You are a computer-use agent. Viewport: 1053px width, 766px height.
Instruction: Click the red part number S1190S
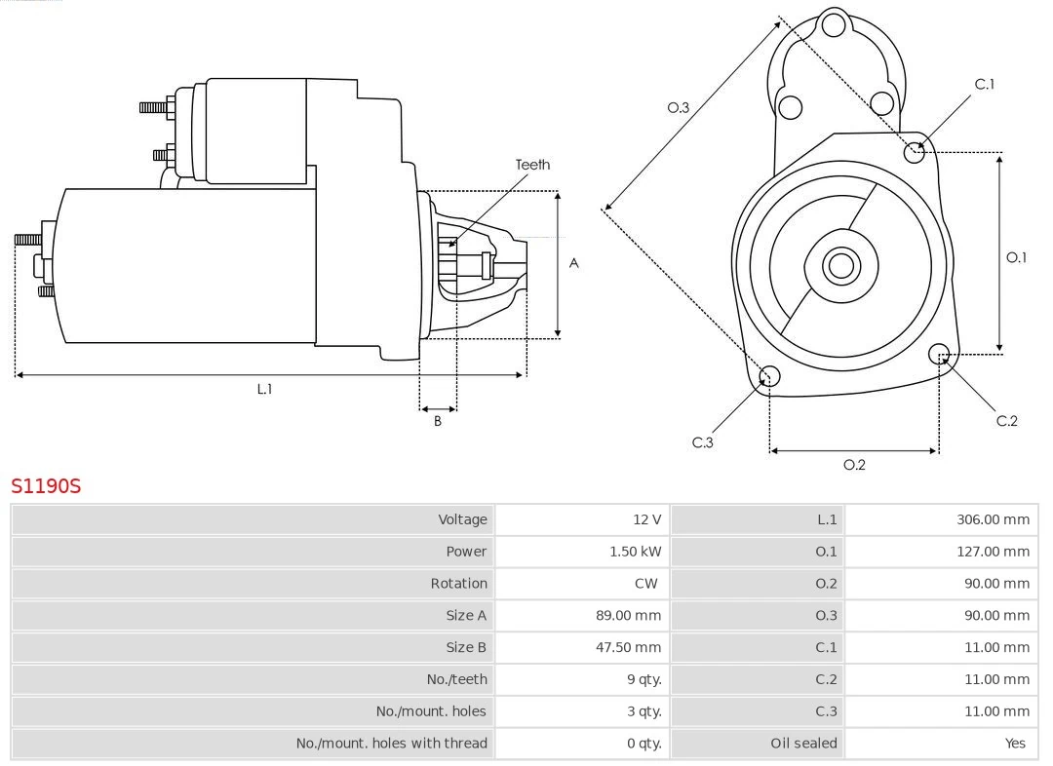click(x=46, y=485)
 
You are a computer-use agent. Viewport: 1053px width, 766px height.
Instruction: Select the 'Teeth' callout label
click(x=532, y=165)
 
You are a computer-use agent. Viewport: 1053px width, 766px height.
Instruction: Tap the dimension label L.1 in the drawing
click(x=264, y=389)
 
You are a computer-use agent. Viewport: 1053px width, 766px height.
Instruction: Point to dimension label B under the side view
click(x=438, y=421)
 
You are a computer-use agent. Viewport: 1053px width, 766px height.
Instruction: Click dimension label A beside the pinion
click(x=573, y=263)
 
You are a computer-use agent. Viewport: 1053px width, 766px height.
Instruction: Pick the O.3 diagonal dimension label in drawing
click(x=678, y=107)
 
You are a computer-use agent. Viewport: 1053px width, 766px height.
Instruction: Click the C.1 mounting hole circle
click(x=915, y=151)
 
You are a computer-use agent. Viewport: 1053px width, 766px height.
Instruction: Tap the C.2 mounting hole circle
click(x=939, y=353)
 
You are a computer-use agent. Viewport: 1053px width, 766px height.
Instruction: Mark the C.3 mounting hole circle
click(x=769, y=377)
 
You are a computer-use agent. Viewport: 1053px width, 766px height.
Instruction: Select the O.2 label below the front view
click(x=854, y=465)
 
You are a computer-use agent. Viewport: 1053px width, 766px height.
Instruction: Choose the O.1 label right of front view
click(x=1016, y=257)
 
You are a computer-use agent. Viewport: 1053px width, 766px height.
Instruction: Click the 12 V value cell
click(x=645, y=519)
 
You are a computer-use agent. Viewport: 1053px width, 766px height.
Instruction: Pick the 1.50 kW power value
click(x=635, y=552)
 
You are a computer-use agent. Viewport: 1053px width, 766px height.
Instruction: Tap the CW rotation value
click(x=644, y=584)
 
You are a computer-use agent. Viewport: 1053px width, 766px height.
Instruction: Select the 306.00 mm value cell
click(x=993, y=519)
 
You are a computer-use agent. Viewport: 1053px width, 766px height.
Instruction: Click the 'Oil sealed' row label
click(x=803, y=743)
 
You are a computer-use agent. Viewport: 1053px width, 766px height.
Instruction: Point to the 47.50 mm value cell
click(x=628, y=647)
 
